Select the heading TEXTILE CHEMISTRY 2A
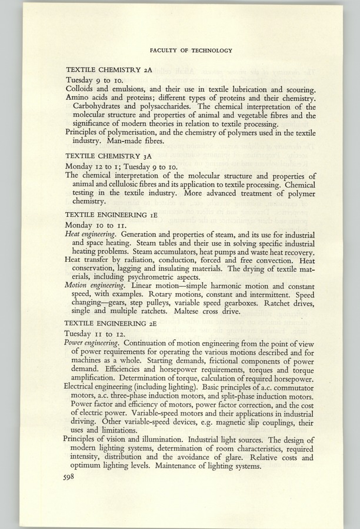pos(109,69)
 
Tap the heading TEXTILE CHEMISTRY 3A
pos(109,157)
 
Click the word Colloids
pos(82,89)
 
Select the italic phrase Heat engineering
pos(91,234)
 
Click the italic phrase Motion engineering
pos(94,284)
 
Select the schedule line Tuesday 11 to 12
pos(95,333)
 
